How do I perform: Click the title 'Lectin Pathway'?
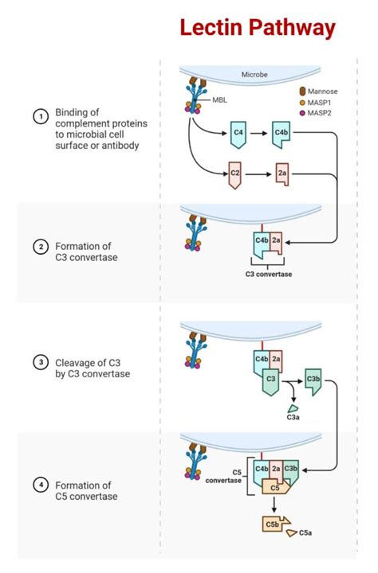(257, 29)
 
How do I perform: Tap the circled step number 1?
(38, 117)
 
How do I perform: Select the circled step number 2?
(38, 246)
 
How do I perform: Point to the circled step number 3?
(38, 363)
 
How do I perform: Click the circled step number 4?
(38, 485)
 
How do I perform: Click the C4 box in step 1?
(238, 133)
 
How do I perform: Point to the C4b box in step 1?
(282, 133)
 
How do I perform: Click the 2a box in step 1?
(282, 173)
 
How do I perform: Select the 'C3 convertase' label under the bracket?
(268, 275)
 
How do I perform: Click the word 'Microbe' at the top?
(255, 75)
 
